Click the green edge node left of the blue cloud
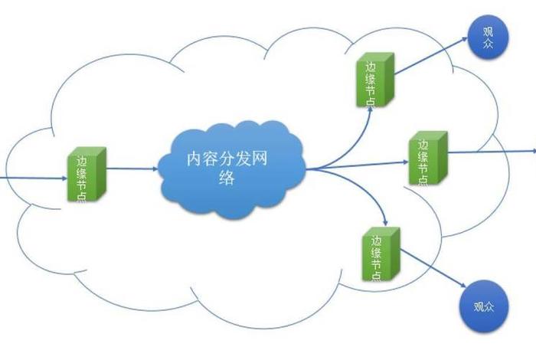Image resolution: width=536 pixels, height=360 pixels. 85,175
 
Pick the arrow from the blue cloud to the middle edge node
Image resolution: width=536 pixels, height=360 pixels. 360,163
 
